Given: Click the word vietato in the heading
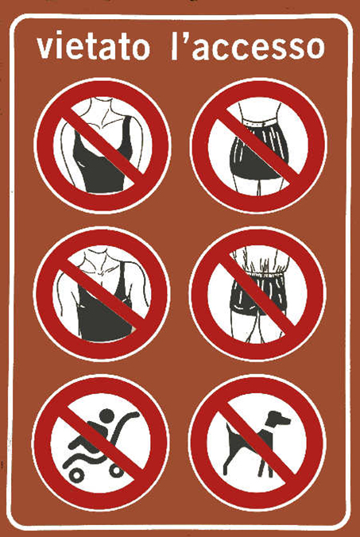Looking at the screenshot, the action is pos(93,45).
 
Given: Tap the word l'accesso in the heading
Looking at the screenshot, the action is pos(247,45).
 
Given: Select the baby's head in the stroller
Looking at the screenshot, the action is pos(106,415).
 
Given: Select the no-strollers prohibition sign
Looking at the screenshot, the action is pos(101,442).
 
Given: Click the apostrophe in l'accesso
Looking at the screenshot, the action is pos(185,37).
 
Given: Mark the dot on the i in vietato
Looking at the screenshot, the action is pos(62,34).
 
